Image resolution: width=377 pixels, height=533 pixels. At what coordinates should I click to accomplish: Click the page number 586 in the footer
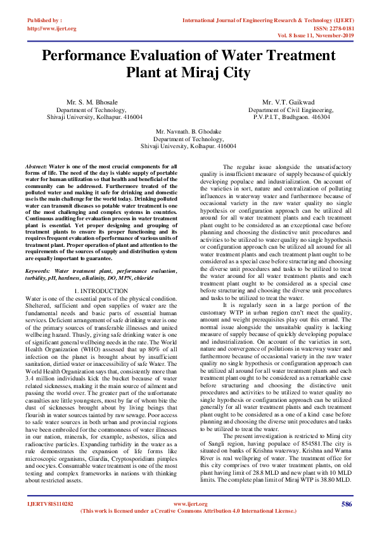click(x=346, y=504)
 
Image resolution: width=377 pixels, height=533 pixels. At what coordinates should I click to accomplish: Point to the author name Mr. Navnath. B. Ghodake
click(x=188, y=131)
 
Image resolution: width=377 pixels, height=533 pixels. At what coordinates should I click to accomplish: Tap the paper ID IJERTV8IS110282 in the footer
click(x=50, y=504)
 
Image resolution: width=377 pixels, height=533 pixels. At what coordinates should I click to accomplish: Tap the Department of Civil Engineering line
click(x=290, y=110)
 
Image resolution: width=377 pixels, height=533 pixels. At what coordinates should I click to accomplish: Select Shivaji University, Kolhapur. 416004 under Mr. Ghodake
click(x=188, y=146)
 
